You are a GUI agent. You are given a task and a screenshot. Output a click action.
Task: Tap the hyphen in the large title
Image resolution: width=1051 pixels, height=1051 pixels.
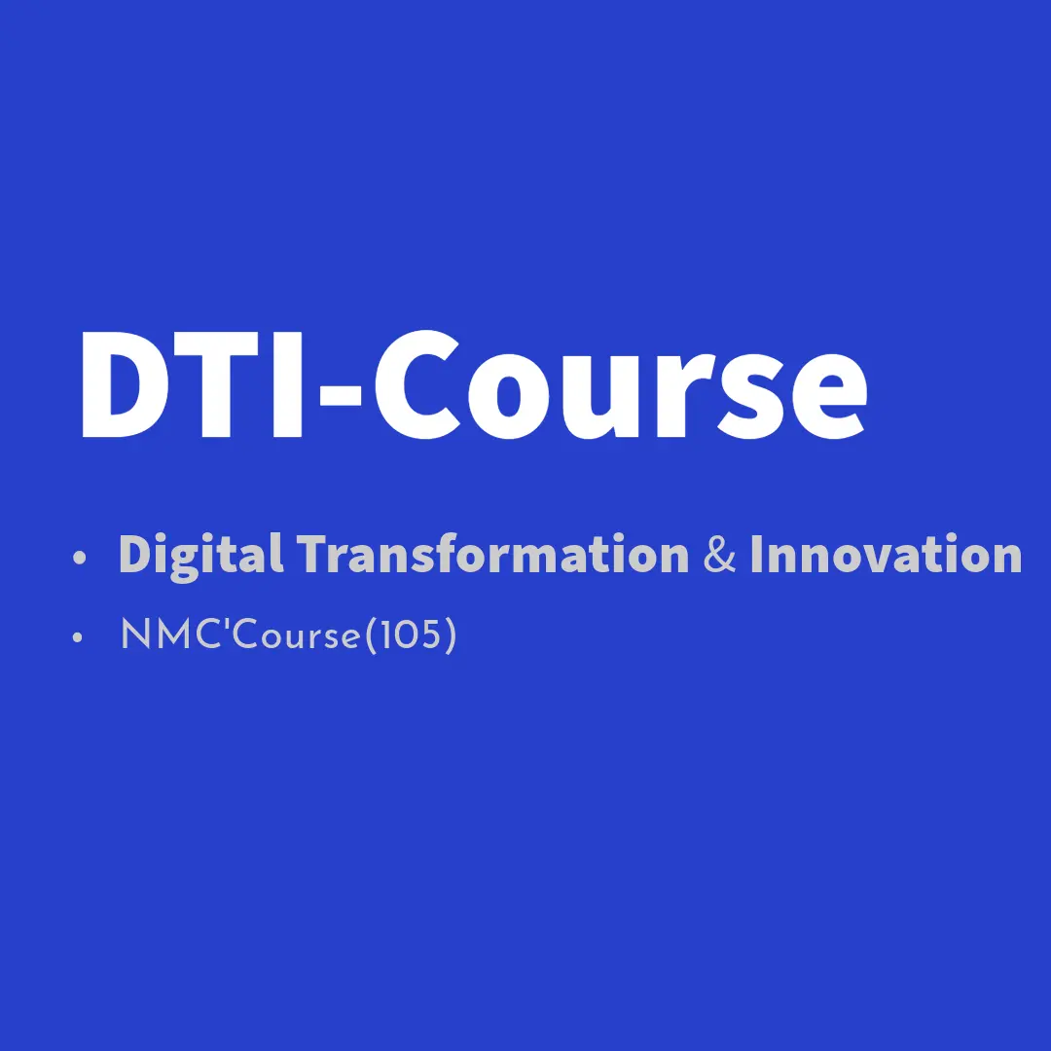[341, 400]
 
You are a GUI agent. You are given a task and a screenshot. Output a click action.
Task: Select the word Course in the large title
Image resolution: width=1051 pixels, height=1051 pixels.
[621, 384]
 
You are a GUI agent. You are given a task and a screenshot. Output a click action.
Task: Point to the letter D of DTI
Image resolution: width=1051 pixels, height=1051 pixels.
[122, 384]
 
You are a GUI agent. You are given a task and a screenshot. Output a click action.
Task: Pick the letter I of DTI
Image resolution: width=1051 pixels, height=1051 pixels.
[288, 384]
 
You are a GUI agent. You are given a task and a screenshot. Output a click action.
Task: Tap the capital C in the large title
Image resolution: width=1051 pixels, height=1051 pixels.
[417, 384]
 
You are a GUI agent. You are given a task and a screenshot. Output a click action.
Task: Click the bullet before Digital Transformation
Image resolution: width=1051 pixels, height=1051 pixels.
[79, 557]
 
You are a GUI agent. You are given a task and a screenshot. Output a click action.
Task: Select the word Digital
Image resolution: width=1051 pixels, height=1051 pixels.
[200, 555]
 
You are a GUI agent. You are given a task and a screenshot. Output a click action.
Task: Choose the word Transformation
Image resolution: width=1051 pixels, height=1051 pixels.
[492, 554]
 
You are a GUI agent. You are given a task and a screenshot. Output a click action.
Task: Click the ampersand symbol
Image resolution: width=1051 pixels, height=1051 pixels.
[719, 555]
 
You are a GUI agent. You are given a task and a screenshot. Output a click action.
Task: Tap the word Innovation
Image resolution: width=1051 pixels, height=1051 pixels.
[887, 554]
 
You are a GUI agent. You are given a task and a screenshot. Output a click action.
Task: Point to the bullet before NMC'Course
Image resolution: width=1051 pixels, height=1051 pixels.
[77, 636]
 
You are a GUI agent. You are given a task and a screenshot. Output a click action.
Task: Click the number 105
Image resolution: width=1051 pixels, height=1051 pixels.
[411, 634]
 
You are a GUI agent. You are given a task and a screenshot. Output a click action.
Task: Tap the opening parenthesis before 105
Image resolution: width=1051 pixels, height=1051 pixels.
[372, 634]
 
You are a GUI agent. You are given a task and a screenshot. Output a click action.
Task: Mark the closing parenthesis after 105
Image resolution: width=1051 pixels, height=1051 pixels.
[451, 634]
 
